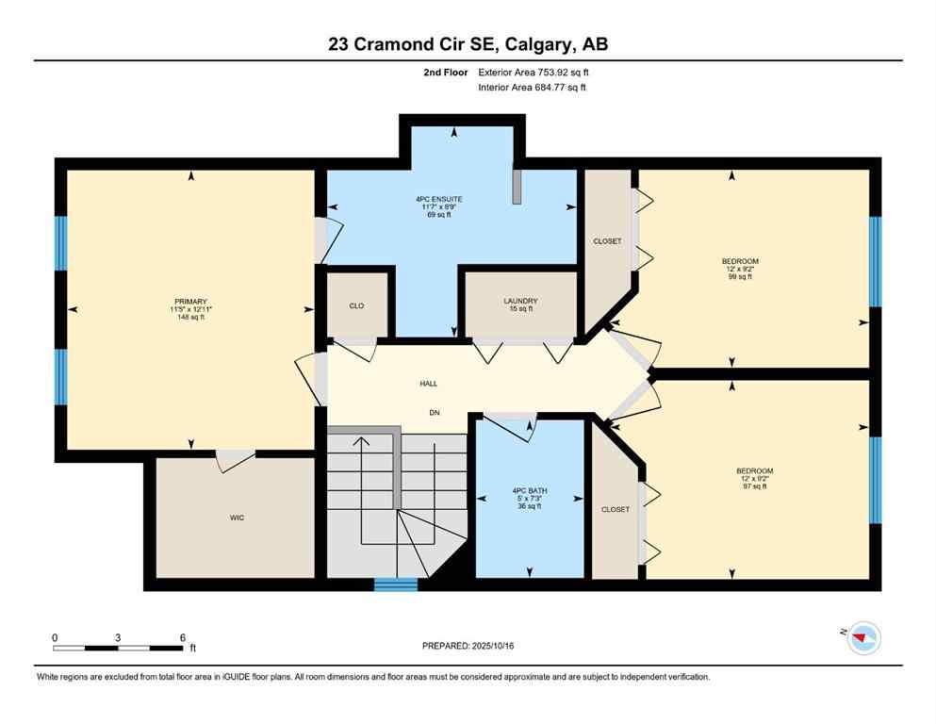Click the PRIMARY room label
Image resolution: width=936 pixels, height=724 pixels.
click(x=189, y=302)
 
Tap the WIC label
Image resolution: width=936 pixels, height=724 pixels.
click(x=237, y=518)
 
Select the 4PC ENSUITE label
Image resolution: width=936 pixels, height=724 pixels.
click(x=439, y=199)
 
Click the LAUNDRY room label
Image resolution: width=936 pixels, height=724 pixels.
click(x=519, y=301)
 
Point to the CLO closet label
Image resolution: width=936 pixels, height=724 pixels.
click(x=356, y=305)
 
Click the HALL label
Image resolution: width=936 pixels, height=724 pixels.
click(x=428, y=384)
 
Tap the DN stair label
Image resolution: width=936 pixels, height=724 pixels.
click(x=435, y=413)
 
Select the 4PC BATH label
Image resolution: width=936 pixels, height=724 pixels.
click(x=529, y=491)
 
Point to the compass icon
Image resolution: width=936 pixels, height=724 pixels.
click(x=862, y=638)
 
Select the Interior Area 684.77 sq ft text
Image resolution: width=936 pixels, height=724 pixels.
click(x=534, y=88)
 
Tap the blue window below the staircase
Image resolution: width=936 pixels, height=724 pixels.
click(x=396, y=584)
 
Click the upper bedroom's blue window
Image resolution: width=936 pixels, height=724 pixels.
click(x=875, y=261)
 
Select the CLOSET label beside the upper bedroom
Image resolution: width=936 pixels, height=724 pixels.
click(x=607, y=241)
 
